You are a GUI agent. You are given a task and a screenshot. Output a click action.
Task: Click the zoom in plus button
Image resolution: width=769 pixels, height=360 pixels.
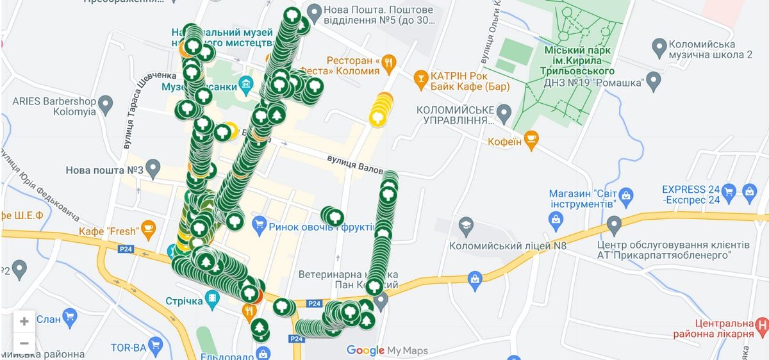[24, 322]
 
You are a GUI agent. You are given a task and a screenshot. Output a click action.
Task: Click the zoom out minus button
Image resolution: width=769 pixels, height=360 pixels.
[24, 343]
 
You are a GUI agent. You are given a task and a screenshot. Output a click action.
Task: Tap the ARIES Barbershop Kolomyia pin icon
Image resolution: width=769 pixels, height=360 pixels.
[106, 102]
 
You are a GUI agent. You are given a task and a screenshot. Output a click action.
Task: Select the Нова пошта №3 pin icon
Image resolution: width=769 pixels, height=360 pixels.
[153, 170]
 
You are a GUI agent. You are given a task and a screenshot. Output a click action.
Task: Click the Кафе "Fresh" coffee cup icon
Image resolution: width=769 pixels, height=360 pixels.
[149, 227]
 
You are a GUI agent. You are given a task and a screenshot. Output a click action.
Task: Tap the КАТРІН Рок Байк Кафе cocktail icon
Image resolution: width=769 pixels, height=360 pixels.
[420, 76]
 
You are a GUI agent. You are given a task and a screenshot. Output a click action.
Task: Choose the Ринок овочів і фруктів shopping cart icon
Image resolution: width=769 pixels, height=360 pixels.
[259, 224]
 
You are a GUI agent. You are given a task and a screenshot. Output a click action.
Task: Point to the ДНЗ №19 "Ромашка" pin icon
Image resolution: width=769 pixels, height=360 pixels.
[653, 81]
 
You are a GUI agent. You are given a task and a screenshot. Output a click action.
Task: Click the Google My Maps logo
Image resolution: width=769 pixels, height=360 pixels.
[387, 350]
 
